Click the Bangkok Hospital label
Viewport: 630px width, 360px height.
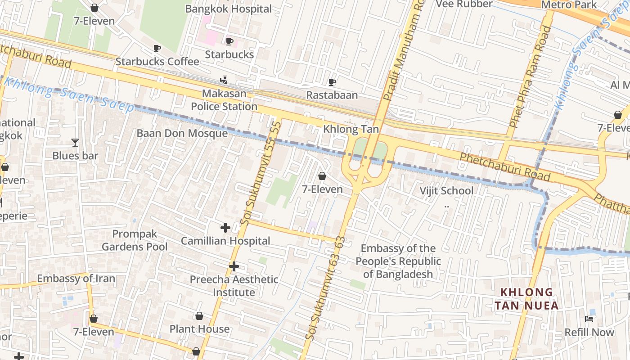[229, 9]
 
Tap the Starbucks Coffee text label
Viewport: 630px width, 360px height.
[157, 61]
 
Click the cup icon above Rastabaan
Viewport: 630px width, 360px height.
[332, 82]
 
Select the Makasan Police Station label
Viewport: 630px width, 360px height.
[224, 100]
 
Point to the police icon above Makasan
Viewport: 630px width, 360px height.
[224, 80]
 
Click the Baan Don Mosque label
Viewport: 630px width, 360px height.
[182, 133]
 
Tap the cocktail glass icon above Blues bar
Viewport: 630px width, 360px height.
[75, 143]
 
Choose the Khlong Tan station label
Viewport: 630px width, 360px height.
[351, 130]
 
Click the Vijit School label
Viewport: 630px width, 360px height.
[446, 191]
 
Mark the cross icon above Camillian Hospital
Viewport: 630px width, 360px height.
[225, 228]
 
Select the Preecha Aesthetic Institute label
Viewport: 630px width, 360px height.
[234, 286]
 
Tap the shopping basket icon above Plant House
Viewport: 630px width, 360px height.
[199, 316]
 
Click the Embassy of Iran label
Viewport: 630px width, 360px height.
[76, 279]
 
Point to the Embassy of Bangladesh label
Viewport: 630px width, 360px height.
[398, 261]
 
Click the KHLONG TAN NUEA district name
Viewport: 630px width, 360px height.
[526, 299]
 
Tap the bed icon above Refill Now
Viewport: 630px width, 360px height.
[589, 319]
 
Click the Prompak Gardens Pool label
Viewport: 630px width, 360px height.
[135, 240]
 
